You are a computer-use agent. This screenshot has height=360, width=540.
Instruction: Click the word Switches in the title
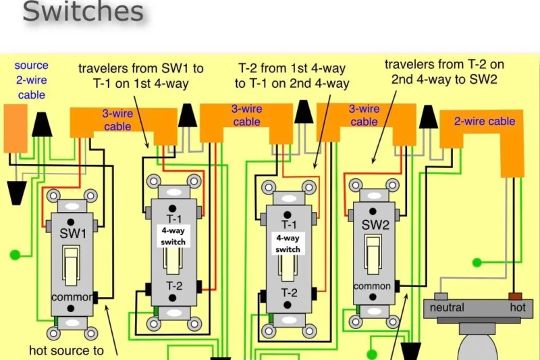click(x=83, y=12)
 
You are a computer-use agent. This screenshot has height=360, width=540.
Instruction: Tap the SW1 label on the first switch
click(x=73, y=233)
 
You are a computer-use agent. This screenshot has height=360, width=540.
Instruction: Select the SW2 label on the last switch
click(x=375, y=225)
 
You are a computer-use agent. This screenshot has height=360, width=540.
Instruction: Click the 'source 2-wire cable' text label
click(x=32, y=80)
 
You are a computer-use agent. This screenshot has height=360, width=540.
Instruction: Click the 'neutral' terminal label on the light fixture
click(x=448, y=307)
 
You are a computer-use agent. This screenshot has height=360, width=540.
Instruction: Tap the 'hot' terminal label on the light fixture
click(x=518, y=307)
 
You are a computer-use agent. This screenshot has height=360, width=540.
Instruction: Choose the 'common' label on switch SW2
click(x=372, y=286)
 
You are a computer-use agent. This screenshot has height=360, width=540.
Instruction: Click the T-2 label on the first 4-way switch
click(x=175, y=286)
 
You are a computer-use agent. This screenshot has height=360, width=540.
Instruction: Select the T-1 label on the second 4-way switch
click(x=289, y=225)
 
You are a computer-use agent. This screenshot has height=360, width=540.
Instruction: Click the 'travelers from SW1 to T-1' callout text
click(x=141, y=76)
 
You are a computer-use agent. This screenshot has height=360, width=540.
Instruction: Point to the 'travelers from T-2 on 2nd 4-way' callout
click(x=444, y=71)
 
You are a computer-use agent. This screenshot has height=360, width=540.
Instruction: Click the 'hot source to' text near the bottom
click(x=67, y=350)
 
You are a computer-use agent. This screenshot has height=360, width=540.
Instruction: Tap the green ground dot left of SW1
click(x=14, y=255)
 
